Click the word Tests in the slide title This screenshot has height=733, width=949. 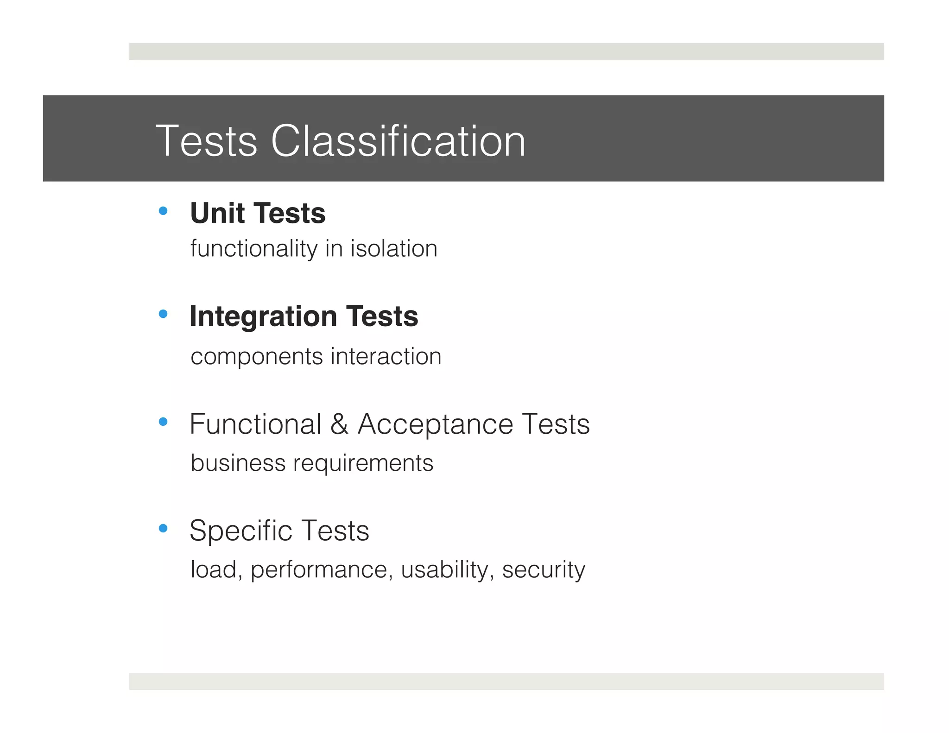point(206,141)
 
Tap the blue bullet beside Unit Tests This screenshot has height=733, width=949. point(163,211)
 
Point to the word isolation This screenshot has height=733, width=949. point(393,248)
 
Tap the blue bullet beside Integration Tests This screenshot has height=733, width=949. point(163,314)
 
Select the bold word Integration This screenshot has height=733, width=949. point(263,317)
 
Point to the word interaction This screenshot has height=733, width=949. point(386,356)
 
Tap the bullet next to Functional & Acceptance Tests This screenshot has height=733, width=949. point(163,422)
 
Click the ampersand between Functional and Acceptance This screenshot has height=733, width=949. point(339,424)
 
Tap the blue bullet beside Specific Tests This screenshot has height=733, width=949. point(163,528)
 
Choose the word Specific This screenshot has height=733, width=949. point(240,531)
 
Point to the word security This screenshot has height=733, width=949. point(543,570)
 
